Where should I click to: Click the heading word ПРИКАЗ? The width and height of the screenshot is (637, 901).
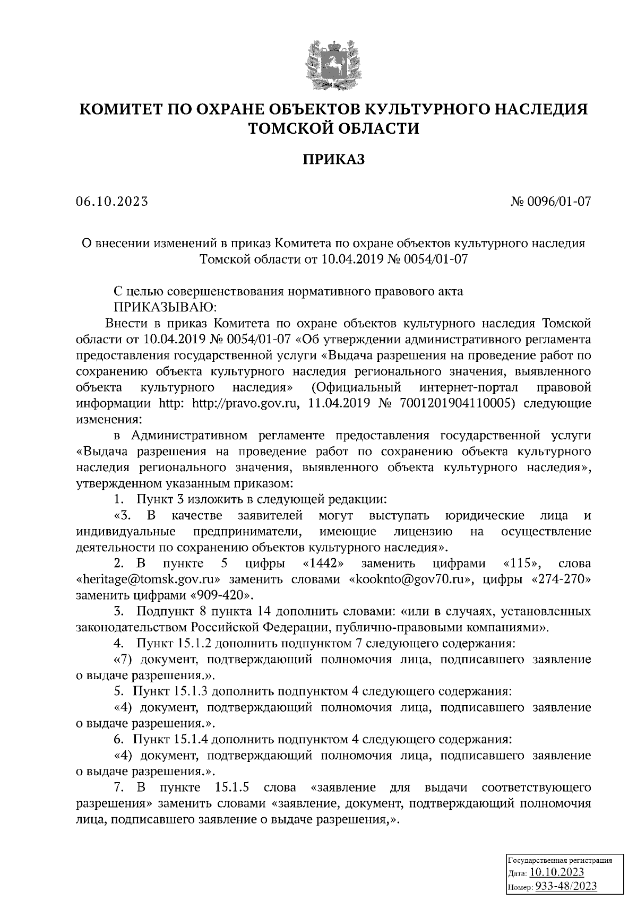tap(334, 160)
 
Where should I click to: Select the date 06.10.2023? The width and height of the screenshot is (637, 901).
tap(112, 202)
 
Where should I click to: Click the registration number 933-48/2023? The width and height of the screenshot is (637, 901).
tap(565, 886)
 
